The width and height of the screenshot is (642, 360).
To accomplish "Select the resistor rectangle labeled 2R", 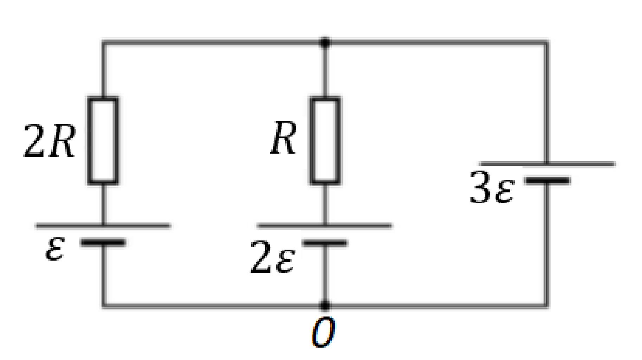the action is tap(103, 140).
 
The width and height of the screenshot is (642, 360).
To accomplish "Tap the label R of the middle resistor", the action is tap(283, 139).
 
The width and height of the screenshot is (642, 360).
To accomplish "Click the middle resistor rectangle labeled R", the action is tap(325, 140).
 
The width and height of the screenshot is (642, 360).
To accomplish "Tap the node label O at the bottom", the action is tap(323, 332).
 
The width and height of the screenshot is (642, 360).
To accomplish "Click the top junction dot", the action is tap(325, 43).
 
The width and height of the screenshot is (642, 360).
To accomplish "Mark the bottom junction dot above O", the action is tap(325, 305).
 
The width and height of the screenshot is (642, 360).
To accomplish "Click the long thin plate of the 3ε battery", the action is tap(547, 164).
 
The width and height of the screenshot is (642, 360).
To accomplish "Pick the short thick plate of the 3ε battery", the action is tap(547, 181).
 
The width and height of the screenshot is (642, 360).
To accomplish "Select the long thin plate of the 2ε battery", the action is tap(325, 226).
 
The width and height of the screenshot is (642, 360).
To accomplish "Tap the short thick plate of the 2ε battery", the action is tap(325, 243).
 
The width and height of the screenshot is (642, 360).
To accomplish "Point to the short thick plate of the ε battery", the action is tap(103, 242).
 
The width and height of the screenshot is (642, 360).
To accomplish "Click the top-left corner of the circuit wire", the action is tap(104, 43).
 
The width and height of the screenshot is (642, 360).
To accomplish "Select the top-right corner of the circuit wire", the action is tap(546, 43).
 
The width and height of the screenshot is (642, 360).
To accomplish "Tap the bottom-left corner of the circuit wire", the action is tap(104, 305).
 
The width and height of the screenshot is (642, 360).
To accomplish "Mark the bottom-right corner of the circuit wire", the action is tap(546, 305).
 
